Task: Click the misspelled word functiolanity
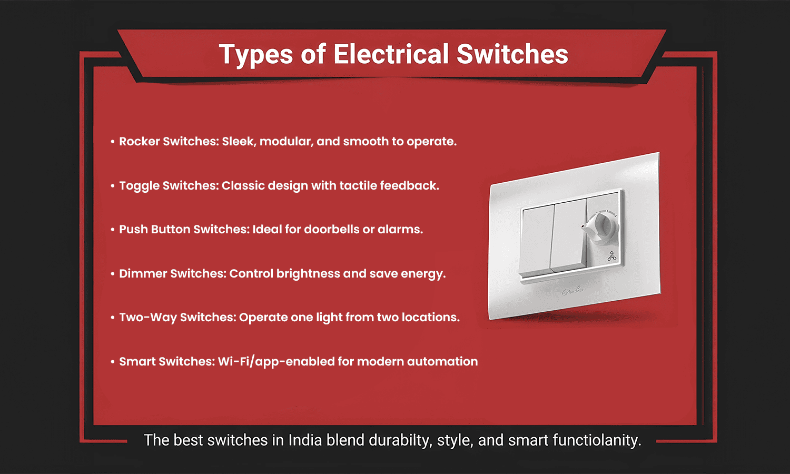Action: click(x=596, y=440)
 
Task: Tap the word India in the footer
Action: click(x=305, y=440)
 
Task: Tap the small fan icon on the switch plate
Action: click(x=611, y=256)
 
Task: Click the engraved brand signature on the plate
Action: click(x=572, y=290)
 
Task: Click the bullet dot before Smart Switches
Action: click(x=113, y=362)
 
